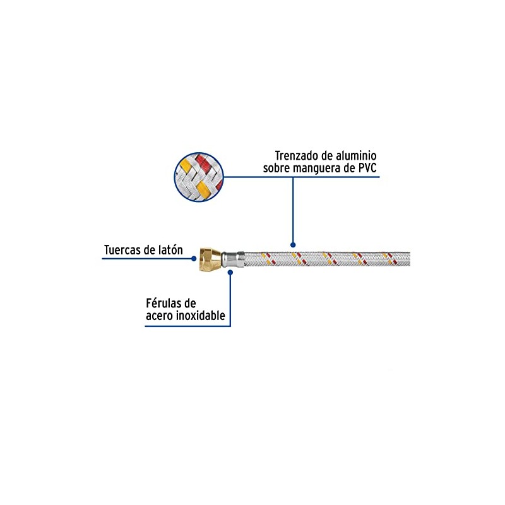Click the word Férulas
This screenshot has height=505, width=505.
pyautogui.click(x=166, y=303)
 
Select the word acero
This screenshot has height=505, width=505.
pyautogui.click(x=161, y=316)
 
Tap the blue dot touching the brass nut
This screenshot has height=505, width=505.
pyautogui.click(x=194, y=258)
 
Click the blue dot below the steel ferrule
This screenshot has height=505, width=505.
pyautogui.click(x=231, y=272)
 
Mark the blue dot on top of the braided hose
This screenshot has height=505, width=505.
pyautogui.click(x=292, y=244)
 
